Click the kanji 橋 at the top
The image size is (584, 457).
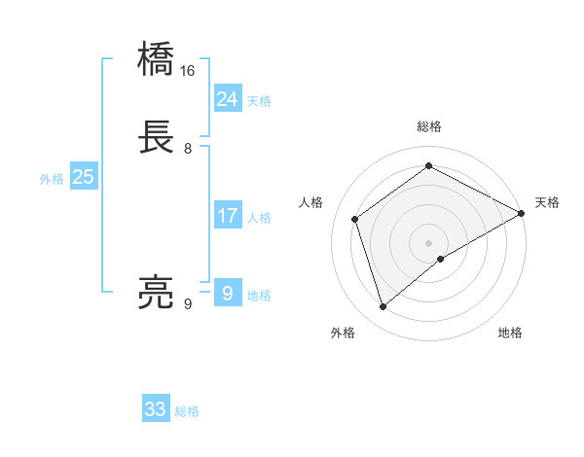click(157, 59)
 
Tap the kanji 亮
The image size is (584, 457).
click(157, 292)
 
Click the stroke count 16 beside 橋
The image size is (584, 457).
click(188, 71)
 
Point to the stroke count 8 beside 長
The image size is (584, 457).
click(188, 149)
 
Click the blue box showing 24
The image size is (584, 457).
click(227, 99)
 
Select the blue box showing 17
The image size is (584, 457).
click(227, 216)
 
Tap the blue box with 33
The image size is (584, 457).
click(156, 409)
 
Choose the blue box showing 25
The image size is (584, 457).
click(84, 177)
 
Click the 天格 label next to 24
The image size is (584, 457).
click(259, 101)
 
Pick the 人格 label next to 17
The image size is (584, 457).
click(259, 218)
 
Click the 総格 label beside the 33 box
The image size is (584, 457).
click(187, 411)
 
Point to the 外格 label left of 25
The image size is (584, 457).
click(52, 179)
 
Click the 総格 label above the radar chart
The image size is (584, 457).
click(429, 126)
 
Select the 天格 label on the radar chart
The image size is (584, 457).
click(547, 202)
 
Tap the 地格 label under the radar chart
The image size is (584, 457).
click(510, 333)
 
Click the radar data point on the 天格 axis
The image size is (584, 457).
click(522, 213)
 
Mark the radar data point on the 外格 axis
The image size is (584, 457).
click(383, 307)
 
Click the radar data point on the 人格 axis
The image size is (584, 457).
click(355, 219)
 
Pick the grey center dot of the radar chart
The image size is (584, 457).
click(429, 243)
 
